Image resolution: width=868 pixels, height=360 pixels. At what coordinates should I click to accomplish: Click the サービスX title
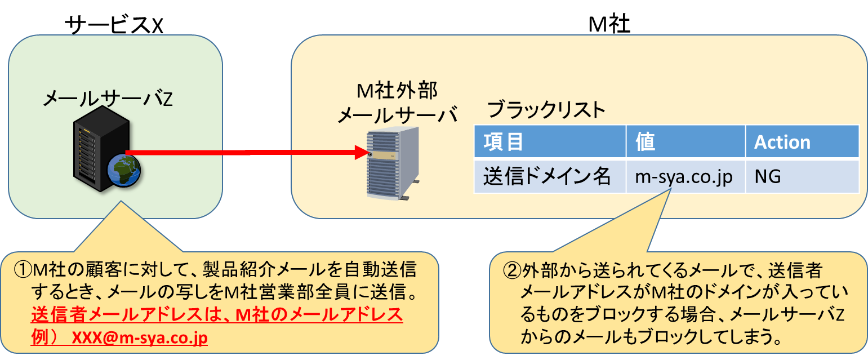[x=114, y=25]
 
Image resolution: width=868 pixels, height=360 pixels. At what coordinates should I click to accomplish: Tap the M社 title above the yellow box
[x=609, y=24]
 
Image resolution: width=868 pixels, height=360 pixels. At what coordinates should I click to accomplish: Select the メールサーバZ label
[x=108, y=99]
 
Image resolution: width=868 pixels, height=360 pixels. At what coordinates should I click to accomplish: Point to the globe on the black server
[x=124, y=171]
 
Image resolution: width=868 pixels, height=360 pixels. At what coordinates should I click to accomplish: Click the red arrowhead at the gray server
[x=362, y=152]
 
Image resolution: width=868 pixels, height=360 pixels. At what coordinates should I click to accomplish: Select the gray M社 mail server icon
[x=393, y=163]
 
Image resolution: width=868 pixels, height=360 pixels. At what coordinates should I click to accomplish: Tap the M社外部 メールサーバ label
[x=398, y=103]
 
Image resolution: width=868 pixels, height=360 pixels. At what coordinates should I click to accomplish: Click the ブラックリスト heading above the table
[x=546, y=110]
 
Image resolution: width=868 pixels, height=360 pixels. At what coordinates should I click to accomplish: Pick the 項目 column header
[x=504, y=141]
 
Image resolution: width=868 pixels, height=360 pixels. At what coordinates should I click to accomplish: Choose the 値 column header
[x=645, y=141]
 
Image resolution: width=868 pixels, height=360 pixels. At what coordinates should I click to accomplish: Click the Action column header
[x=782, y=142]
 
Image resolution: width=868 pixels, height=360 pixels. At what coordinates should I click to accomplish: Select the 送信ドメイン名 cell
[x=547, y=176]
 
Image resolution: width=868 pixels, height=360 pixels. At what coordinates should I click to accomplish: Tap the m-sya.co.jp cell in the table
[x=684, y=177]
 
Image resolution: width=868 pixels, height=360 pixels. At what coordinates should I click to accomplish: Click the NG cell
[x=768, y=176]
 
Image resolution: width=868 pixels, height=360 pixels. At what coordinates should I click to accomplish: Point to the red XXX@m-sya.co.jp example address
[x=140, y=337]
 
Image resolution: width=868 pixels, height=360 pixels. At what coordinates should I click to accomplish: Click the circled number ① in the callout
[x=23, y=269]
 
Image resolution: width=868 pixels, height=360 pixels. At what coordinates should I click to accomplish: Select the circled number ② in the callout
[x=512, y=270]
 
